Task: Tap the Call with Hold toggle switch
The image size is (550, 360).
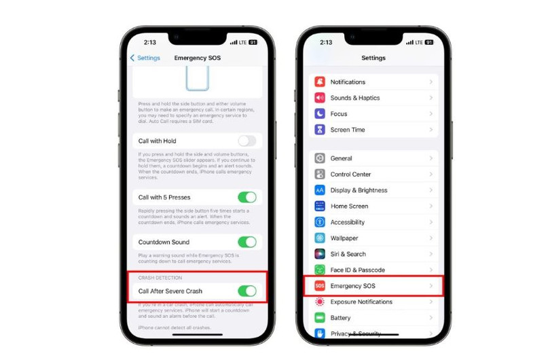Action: click(247, 141)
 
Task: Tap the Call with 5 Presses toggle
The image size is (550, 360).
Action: click(247, 198)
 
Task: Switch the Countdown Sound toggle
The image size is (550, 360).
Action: click(247, 242)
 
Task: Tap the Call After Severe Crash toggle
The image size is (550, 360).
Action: click(247, 291)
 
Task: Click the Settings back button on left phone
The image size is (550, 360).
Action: click(145, 58)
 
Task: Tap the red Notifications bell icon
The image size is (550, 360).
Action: click(320, 82)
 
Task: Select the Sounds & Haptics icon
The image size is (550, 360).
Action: click(320, 98)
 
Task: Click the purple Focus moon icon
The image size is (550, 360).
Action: click(320, 114)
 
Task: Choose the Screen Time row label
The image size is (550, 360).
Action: click(348, 130)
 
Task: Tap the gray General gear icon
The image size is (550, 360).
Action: click(320, 158)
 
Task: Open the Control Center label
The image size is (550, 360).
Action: click(350, 175)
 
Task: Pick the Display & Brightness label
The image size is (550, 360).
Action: click(359, 190)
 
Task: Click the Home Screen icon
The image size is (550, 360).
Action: click(320, 206)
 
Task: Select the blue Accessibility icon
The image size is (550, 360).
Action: click(320, 222)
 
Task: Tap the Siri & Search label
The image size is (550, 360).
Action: click(348, 254)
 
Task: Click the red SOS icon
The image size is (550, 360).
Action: click(320, 286)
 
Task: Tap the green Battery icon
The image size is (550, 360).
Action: click(320, 318)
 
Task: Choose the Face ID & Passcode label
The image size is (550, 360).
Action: click(358, 270)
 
